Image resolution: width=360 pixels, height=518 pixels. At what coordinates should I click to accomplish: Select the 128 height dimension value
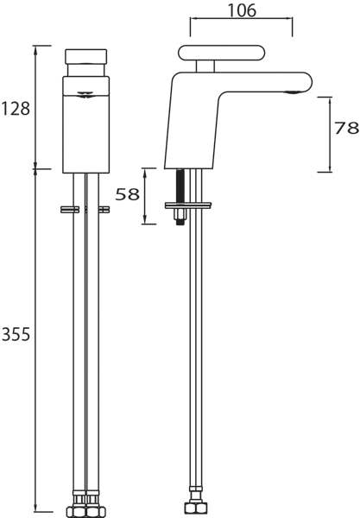[16, 108]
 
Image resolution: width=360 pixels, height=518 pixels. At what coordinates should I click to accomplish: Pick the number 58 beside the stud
[127, 194]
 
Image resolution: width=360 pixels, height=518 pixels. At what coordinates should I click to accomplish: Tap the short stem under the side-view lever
[205, 67]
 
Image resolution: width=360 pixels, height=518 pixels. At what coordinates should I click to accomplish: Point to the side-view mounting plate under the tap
[188, 205]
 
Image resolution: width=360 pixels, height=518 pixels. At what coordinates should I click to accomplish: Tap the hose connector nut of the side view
[193, 506]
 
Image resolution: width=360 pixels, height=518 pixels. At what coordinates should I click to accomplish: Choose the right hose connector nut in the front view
[93, 506]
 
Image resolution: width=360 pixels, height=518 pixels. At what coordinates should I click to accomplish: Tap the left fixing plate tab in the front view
[66, 208]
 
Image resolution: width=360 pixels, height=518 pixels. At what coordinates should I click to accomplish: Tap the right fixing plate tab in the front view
[104, 208]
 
